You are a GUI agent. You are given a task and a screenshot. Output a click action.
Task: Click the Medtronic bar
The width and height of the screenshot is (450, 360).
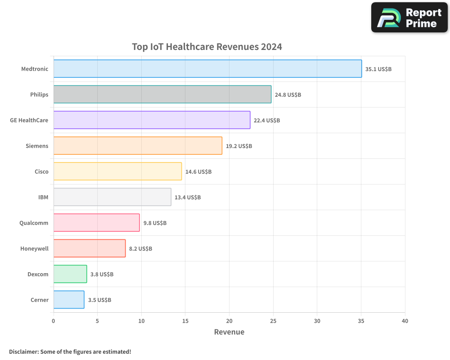(207, 69)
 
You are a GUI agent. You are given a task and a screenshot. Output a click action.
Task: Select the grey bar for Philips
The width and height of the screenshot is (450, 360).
(162, 94)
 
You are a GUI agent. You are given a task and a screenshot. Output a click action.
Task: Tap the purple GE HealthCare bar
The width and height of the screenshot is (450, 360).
(152, 120)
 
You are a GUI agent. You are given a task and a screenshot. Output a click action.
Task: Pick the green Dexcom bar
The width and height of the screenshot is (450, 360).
(70, 274)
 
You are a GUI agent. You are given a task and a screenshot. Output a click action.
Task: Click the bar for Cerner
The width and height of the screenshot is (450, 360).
(68, 300)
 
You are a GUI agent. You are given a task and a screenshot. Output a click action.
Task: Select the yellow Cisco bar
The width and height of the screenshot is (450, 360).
(117, 171)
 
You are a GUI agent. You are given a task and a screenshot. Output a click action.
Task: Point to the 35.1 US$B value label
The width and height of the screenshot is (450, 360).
(378, 69)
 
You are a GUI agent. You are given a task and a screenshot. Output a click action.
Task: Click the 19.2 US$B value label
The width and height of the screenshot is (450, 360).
(238, 146)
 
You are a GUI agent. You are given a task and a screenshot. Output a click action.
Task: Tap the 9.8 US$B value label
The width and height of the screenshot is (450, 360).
(155, 223)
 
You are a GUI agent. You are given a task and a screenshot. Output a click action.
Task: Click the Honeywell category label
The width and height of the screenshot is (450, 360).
(34, 248)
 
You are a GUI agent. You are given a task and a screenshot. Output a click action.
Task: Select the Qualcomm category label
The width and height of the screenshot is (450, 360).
(34, 223)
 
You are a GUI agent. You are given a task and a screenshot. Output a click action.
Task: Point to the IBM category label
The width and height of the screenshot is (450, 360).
(43, 197)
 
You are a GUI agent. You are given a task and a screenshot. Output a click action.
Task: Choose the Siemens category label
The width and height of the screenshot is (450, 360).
(37, 146)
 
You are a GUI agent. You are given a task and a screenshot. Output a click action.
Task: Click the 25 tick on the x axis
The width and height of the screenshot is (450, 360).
(273, 321)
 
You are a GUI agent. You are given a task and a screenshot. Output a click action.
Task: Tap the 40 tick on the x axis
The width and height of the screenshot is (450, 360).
(405, 321)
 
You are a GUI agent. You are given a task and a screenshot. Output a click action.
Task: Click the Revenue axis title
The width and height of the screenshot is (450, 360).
(229, 332)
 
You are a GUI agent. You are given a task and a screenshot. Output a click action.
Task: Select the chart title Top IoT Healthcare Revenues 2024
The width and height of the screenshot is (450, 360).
(207, 47)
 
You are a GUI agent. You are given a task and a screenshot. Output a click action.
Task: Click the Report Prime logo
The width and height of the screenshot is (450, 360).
(409, 18)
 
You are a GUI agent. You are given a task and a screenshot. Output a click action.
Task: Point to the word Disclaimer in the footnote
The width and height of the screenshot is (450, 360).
(23, 351)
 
